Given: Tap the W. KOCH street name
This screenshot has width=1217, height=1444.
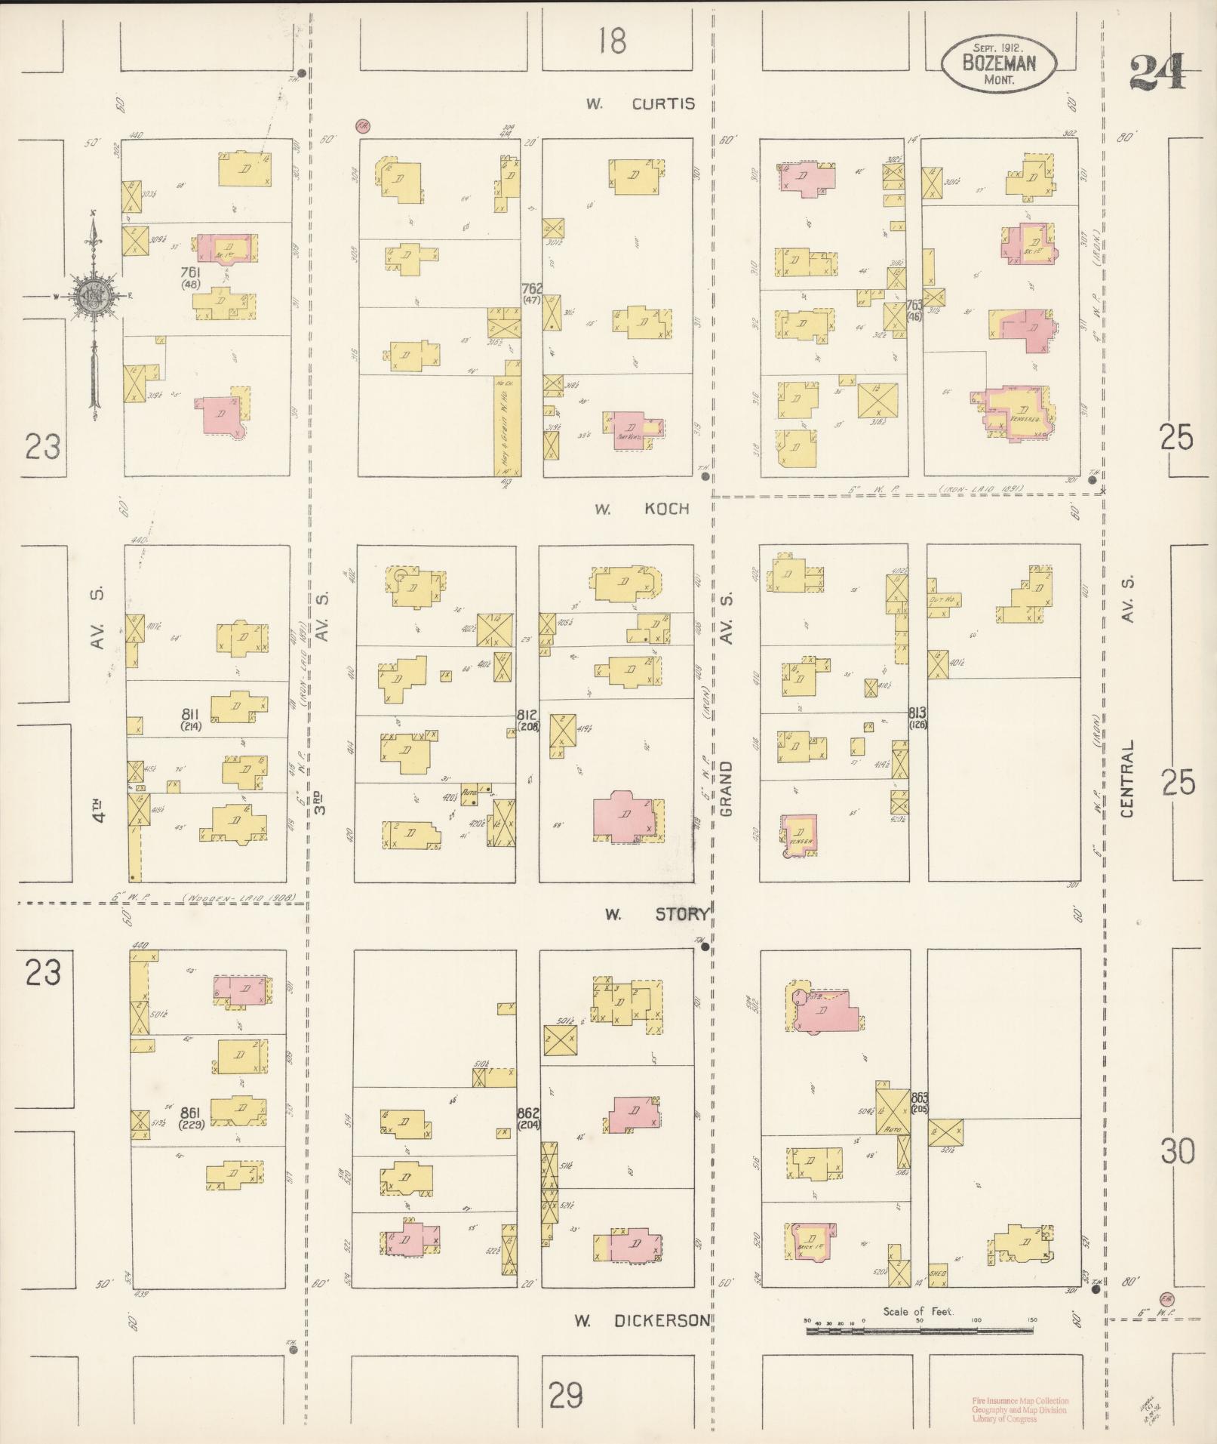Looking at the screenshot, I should click(642, 509).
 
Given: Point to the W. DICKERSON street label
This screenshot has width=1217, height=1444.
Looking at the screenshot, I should click(641, 1320).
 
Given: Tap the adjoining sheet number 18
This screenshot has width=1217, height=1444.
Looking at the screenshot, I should click(612, 40).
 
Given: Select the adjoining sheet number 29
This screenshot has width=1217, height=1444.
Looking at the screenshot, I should click(566, 1395).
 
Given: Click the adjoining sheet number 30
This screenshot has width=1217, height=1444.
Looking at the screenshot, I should click(1178, 1152).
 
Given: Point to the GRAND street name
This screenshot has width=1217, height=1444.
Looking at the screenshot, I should click(726, 788).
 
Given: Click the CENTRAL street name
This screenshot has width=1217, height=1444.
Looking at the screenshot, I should click(1127, 777).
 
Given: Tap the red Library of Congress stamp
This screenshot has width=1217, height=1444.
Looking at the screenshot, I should click(1019, 1409).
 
